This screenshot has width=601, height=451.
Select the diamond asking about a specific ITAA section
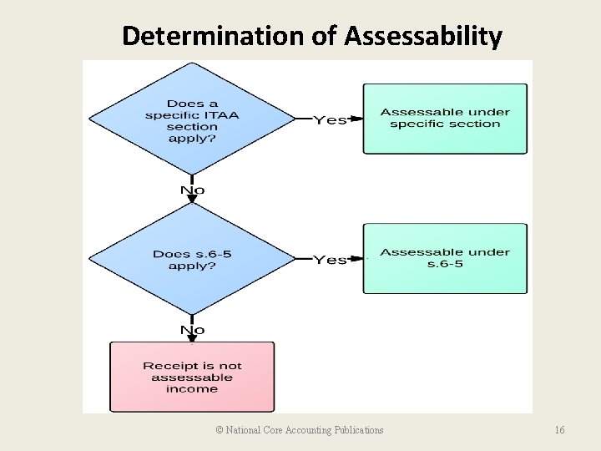(191, 119)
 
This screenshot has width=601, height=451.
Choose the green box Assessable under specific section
(445, 119)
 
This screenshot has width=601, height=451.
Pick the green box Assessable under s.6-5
(445, 258)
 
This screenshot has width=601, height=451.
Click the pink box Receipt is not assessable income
(192, 377)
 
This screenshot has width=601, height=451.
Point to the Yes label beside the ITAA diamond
(330, 120)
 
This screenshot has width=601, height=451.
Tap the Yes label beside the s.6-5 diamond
(330, 260)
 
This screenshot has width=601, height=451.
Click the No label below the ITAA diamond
(192, 190)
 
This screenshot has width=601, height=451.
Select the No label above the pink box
(192, 330)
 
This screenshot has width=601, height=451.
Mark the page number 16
(559, 430)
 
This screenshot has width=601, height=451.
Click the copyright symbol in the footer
(220, 430)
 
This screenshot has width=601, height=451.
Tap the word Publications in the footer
(359, 430)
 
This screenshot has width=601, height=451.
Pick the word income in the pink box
(192, 388)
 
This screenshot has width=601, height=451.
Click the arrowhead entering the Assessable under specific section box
(358, 119)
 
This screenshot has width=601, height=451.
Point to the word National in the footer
(245, 430)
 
